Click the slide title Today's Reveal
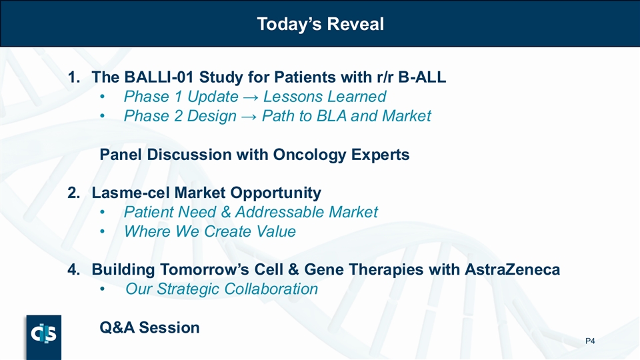tap(321, 24)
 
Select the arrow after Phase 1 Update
tap(251, 97)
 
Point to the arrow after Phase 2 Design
tap(249, 116)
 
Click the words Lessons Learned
tap(325, 96)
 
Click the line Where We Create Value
tap(210, 231)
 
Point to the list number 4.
tap(73, 270)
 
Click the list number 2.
tap(73, 193)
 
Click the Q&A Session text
tap(149, 327)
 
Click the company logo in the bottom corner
tap(44, 337)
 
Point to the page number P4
tap(590, 341)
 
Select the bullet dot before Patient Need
tap(103, 213)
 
